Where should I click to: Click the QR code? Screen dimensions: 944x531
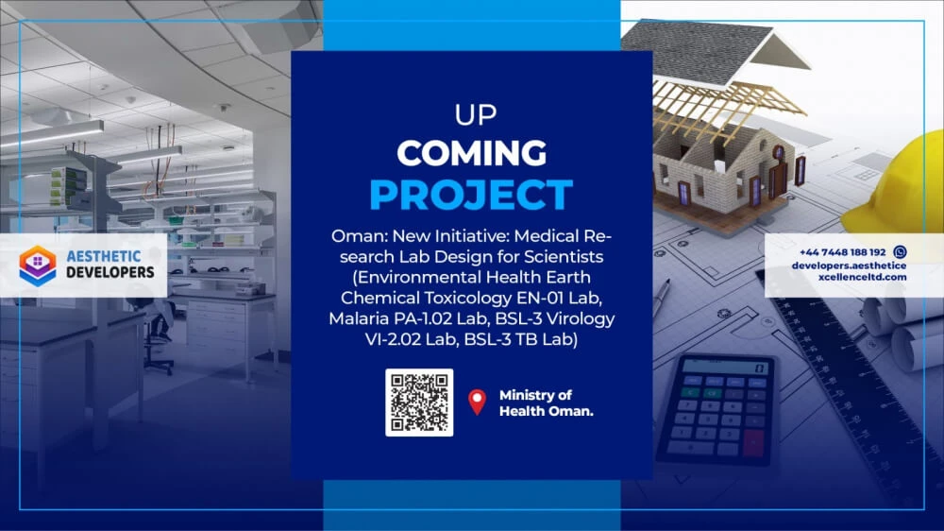(419, 403)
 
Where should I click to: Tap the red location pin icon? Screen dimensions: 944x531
(478, 402)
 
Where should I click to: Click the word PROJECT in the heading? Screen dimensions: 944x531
(471, 194)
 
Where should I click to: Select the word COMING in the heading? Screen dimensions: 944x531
(471, 153)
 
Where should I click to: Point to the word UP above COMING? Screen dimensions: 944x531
(476, 115)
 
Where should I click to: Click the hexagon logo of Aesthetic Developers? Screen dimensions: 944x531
(38, 265)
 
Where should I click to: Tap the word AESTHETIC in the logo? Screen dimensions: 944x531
(104, 257)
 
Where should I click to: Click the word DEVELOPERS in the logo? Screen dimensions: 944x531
(110, 272)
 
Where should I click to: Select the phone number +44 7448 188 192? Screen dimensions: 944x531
(842, 252)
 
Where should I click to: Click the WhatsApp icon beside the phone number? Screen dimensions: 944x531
(900, 252)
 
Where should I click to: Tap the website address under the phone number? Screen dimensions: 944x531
(849, 271)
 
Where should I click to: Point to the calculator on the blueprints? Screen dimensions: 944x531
(716, 409)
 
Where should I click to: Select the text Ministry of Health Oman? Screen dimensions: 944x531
(546, 403)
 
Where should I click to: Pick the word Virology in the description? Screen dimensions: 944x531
(581, 318)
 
